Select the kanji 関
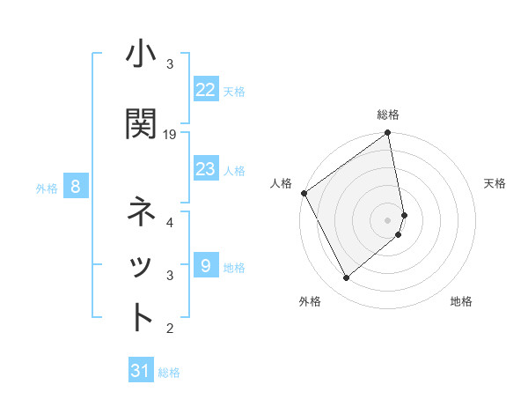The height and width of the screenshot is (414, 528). (x=141, y=124)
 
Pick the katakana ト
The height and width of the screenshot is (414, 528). (x=141, y=317)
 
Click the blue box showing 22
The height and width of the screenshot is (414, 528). (x=205, y=89)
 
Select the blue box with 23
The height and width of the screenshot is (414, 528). (x=205, y=168)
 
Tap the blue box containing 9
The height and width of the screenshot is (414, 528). (x=205, y=265)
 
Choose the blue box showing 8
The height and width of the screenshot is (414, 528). (x=76, y=186)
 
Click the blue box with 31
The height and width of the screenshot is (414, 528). (x=141, y=371)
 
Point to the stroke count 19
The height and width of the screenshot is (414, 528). (x=170, y=135)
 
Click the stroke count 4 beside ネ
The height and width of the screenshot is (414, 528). (x=170, y=223)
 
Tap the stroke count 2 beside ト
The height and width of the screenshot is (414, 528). (x=170, y=329)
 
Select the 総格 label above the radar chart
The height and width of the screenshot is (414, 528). (x=388, y=115)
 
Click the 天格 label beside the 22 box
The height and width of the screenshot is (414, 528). (x=234, y=91)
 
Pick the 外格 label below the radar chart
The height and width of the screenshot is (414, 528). (x=310, y=302)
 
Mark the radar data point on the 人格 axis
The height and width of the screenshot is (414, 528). (x=304, y=193)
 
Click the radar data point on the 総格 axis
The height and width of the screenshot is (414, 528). (x=388, y=134)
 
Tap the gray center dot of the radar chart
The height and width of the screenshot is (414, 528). (x=388, y=219)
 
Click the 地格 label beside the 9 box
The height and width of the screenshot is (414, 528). (x=234, y=268)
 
